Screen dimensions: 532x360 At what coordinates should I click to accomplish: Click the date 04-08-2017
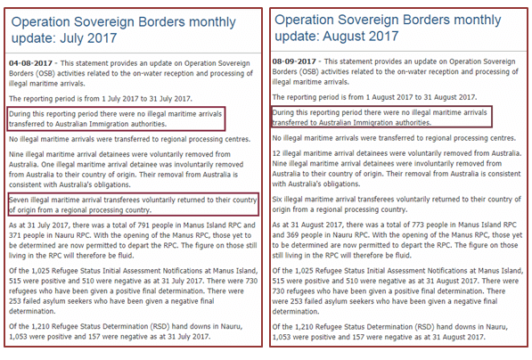tap(30, 63)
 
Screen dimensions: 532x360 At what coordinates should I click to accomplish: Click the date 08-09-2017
tap(294, 61)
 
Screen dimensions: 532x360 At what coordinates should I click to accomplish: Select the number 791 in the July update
tap(143, 225)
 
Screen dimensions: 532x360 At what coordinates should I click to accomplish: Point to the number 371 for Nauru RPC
tap(15, 235)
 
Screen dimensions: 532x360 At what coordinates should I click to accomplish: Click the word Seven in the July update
tap(19, 200)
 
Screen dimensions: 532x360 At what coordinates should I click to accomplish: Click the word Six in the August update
tap(277, 199)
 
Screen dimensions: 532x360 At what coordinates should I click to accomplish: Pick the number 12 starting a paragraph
tap(276, 153)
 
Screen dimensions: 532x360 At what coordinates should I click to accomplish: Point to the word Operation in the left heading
tap(40, 22)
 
